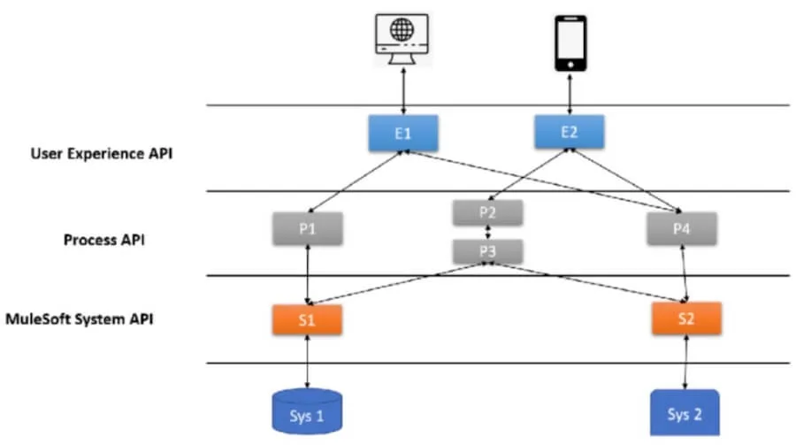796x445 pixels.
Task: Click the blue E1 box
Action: pos(403,134)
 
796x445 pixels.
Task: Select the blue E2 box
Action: pos(570,133)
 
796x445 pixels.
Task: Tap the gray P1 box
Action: pos(307,228)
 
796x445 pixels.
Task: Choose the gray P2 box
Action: pos(487,212)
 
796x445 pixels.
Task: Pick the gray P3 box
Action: pos(487,250)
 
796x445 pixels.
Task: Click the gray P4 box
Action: pos(681,229)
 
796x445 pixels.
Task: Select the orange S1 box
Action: pos(307,320)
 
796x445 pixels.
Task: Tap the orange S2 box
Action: pos(686,318)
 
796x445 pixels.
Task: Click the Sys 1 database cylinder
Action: pos(307,410)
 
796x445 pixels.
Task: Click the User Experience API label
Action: pos(102,153)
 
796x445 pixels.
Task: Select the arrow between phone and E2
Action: pos(570,92)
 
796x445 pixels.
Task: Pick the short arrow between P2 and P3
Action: pos(487,232)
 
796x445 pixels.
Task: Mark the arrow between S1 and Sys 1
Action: pos(307,362)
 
